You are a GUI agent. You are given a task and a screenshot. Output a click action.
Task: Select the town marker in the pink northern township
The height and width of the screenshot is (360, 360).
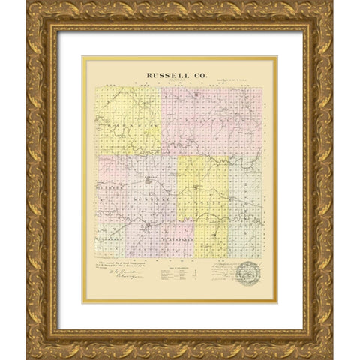[196, 95]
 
